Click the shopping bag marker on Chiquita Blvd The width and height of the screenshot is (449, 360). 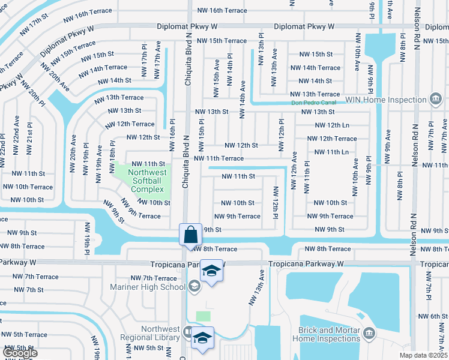(190, 233)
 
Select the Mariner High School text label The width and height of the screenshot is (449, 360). (156, 287)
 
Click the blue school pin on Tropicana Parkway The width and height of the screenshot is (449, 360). (212, 271)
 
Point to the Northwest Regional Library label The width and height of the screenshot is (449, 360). (160, 333)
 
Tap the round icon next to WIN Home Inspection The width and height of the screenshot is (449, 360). (436, 99)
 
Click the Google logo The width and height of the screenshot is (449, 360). (19, 353)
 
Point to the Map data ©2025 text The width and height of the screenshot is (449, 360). (423, 355)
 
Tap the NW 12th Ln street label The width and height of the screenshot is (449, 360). (332, 125)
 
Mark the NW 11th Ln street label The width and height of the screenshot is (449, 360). (332, 152)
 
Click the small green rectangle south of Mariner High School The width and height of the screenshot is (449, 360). (203, 316)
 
